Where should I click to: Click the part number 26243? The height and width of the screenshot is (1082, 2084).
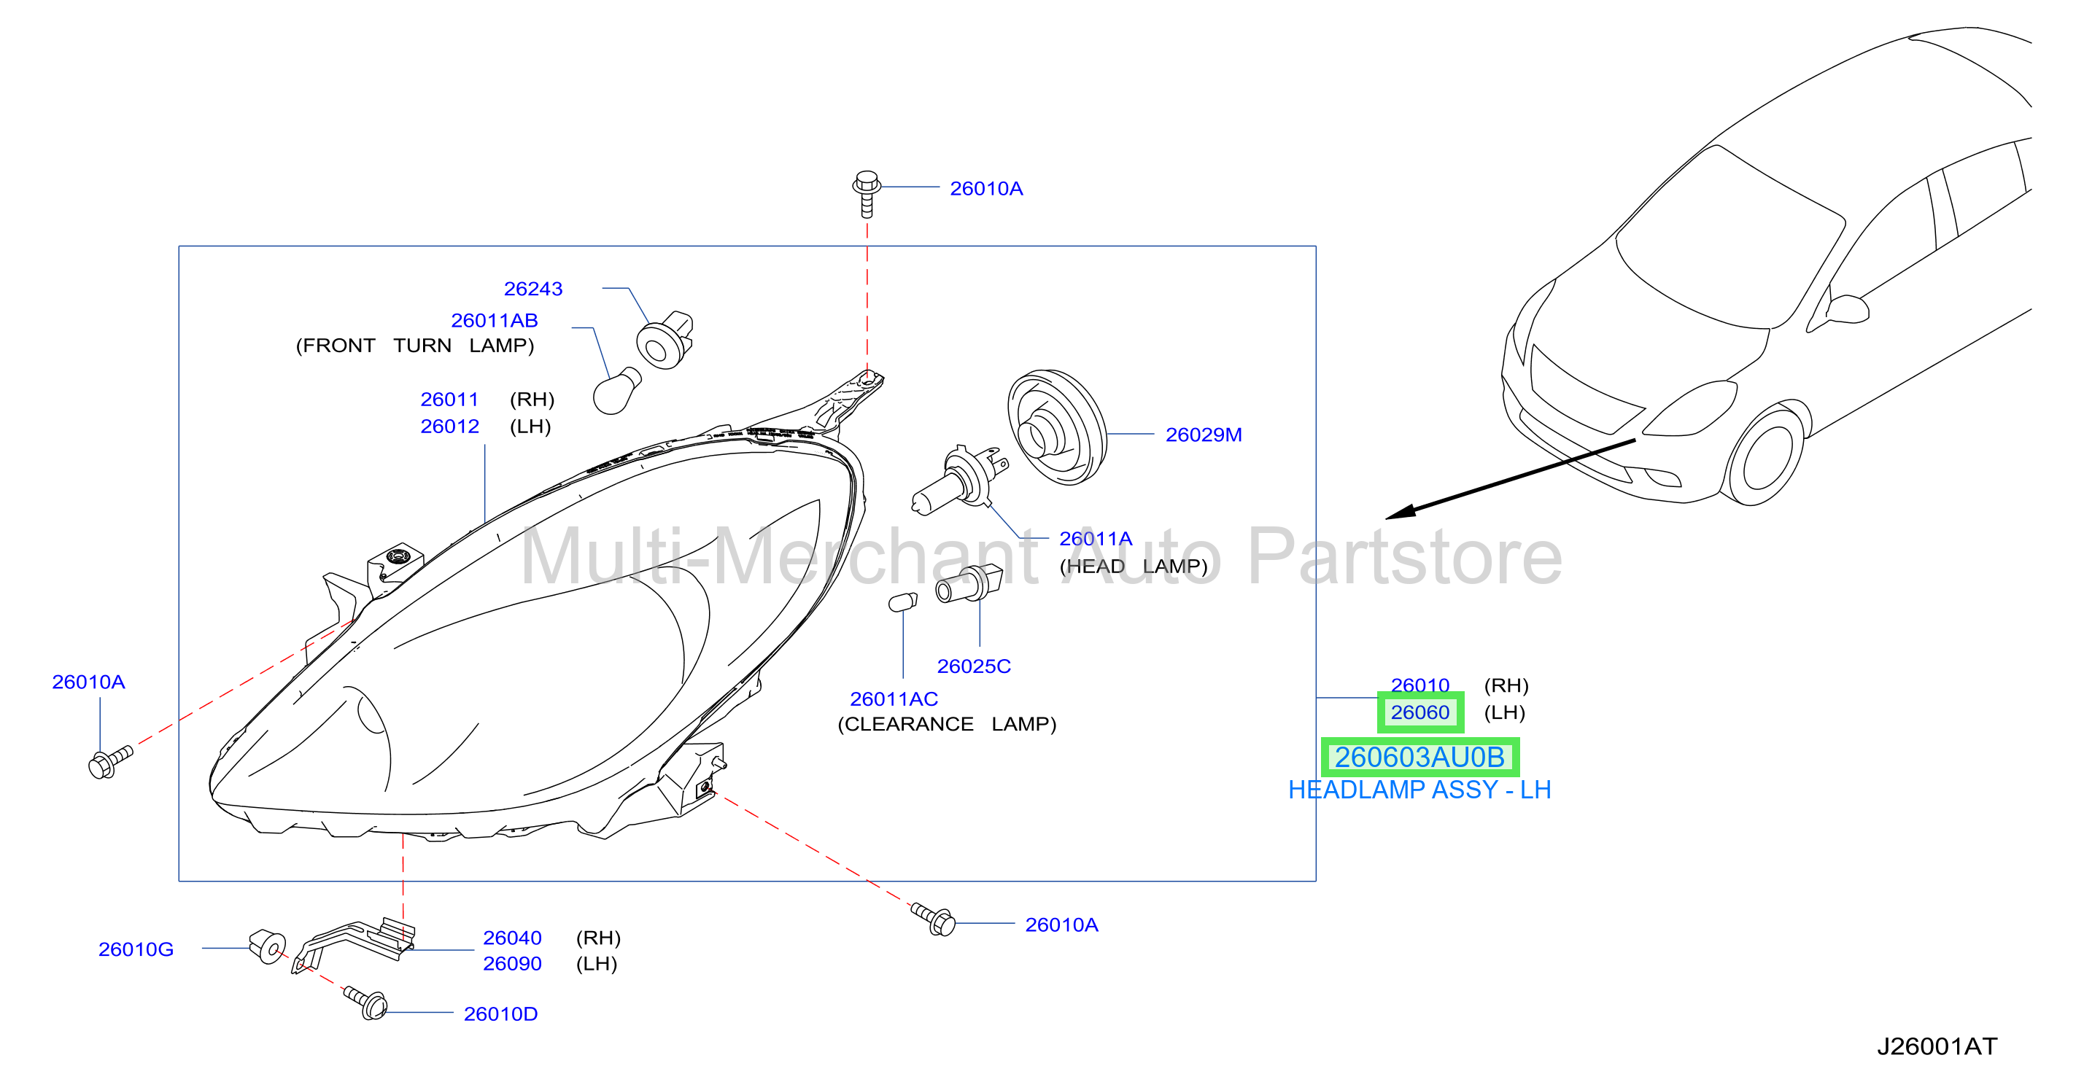click(533, 289)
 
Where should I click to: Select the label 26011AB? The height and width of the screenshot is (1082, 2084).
click(495, 320)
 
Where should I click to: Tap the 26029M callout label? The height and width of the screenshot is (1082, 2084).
click(1203, 435)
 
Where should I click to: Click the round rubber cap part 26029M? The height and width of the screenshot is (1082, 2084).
click(1056, 427)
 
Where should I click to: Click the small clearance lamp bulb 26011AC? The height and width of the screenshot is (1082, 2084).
click(903, 602)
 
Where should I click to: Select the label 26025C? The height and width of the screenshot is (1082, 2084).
click(973, 666)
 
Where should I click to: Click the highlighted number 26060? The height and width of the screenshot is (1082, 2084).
click(1419, 712)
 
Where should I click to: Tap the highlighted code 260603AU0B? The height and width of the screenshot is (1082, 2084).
click(1419, 757)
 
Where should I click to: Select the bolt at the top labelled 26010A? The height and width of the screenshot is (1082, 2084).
click(867, 193)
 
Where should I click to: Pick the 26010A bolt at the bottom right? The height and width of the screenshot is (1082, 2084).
click(934, 919)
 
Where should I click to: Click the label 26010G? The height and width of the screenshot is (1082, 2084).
click(136, 949)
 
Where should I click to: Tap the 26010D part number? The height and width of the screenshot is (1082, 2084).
click(501, 1014)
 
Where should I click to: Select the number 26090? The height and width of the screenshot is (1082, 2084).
click(512, 964)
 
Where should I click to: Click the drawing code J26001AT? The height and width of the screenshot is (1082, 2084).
click(1937, 1046)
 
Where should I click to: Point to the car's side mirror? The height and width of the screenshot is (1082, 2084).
click(1846, 311)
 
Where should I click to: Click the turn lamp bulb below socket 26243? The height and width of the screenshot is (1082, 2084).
click(616, 392)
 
